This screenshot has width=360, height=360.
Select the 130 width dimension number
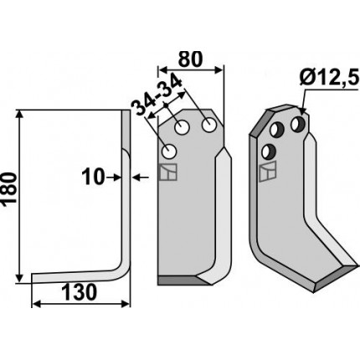(x=79, y=293)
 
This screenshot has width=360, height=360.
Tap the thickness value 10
(x=93, y=177)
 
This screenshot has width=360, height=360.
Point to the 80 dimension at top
(x=190, y=59)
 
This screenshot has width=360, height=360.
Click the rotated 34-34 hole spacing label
(x=157, y=95)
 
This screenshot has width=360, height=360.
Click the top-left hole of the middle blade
(x=182, y=128)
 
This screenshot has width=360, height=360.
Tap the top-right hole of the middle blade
(x=209, y=125)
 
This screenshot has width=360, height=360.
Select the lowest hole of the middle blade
(x=169, y=152)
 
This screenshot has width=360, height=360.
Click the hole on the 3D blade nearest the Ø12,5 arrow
(x=298, y=125)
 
